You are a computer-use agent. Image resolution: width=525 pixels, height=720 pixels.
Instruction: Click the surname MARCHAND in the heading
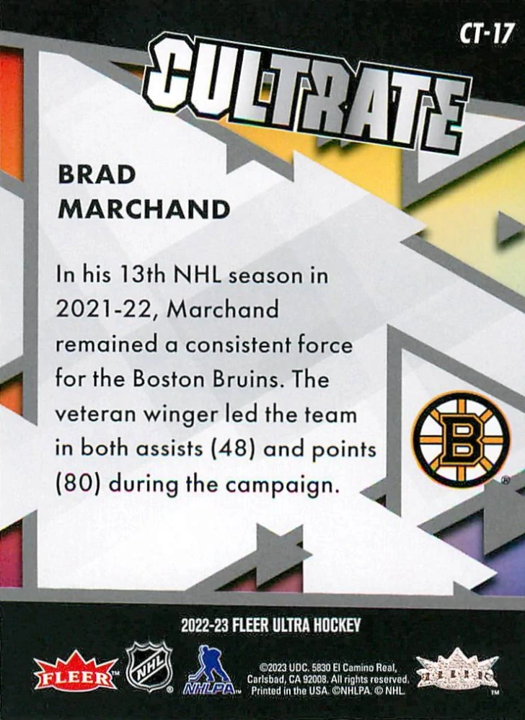coord(144,209)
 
